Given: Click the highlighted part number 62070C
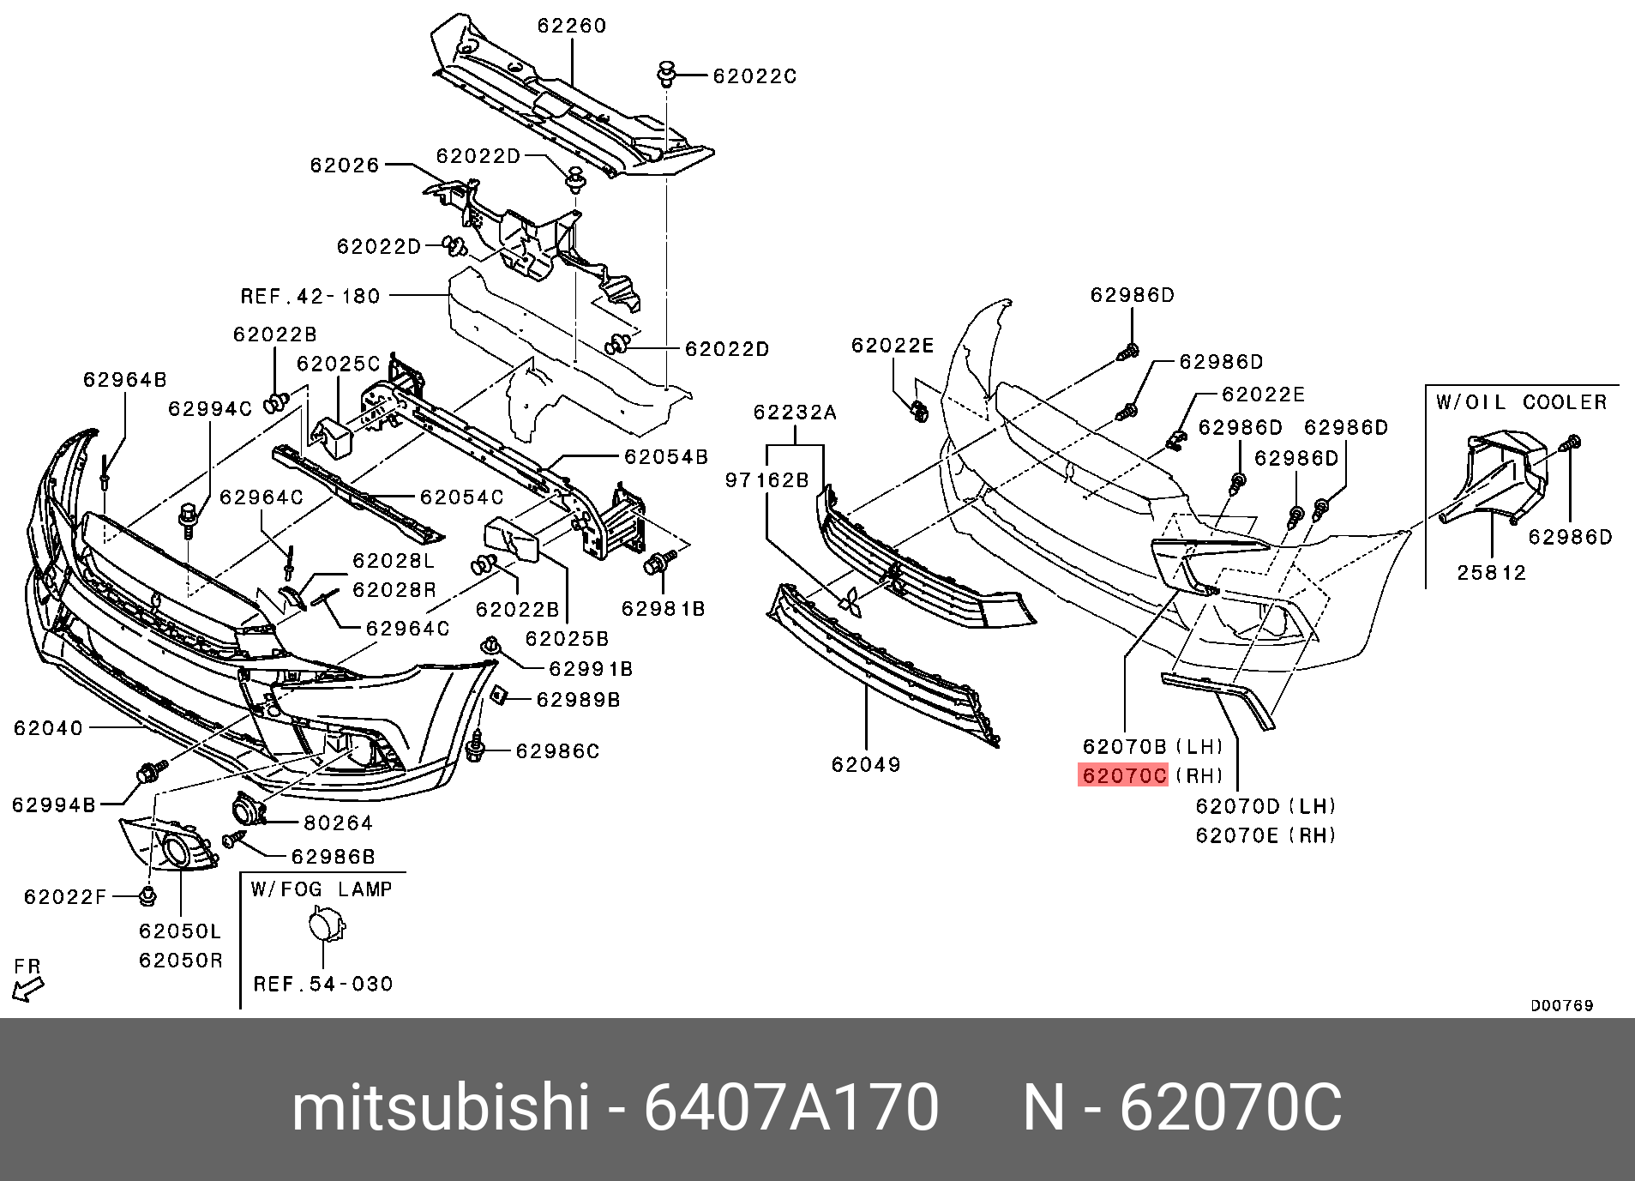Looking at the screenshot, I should [1123, 775].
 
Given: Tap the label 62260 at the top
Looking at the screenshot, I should [572, 26].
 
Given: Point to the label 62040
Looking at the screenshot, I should [48, 728].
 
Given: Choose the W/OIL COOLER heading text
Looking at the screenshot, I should [1522, 402].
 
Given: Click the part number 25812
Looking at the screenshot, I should [1492, 573].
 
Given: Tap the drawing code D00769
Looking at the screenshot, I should [1562, 1005].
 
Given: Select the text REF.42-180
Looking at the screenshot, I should [310, 297].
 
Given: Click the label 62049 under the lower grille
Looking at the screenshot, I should [866, 764].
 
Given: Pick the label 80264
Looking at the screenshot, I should [339, 823].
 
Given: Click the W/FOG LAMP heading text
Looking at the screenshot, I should [322, 889].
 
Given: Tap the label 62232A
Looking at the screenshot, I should [795, 413].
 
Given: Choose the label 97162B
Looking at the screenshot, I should [767, 480].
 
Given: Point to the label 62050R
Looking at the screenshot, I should [181, 961].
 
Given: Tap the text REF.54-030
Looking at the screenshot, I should [323, 984].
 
